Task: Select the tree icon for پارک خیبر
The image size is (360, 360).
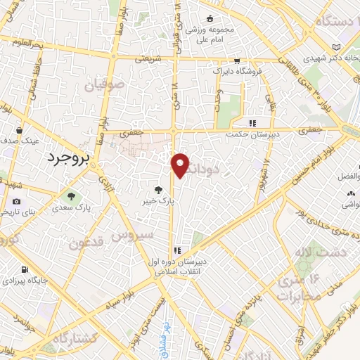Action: coord(157,189)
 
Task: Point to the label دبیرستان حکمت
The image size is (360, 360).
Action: coord(256,131)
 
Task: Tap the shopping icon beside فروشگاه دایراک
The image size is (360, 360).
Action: coord(237,61)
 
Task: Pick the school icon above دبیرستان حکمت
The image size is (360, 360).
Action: coord(252,122)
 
